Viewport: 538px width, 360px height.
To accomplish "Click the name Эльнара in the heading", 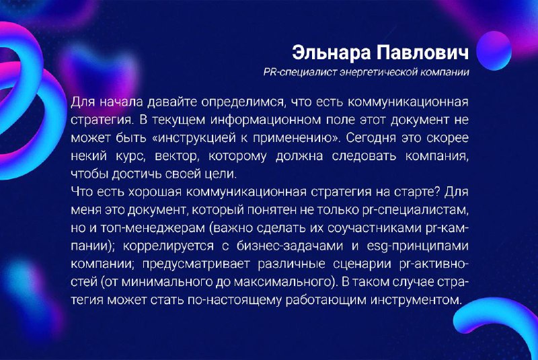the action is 332,53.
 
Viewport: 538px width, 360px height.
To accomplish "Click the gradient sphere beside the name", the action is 494,50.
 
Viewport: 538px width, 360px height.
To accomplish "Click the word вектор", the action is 176,157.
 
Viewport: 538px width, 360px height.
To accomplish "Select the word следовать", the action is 364,156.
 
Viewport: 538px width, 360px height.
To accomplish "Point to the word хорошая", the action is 155,192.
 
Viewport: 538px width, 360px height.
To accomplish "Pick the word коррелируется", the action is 168,246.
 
